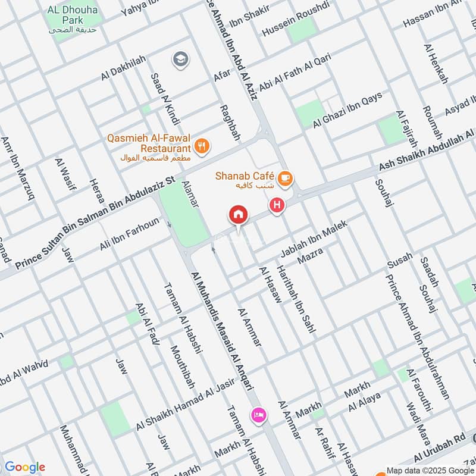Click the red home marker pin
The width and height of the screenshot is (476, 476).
tap(239, 215)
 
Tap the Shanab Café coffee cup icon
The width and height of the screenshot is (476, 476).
tap(285, 178)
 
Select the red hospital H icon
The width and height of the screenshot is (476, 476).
tap(277, 206)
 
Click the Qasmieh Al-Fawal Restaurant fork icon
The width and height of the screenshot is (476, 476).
tap(202, 146)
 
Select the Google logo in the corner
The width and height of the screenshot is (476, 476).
tap(25, 467)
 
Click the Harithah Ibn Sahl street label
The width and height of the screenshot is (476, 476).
tap(296, 298)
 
